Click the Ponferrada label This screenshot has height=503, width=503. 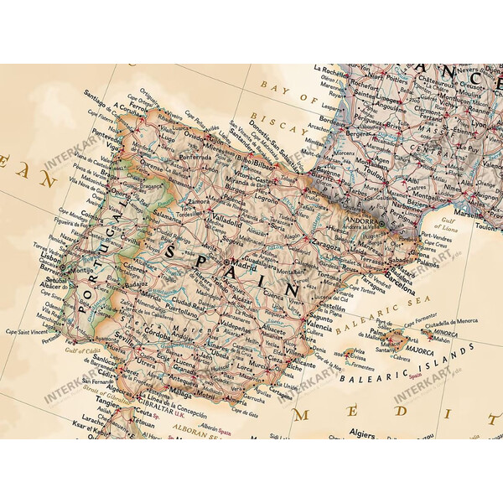click(195, 156)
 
